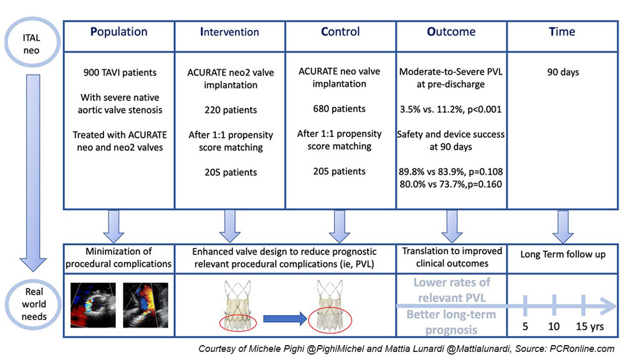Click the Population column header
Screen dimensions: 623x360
119,32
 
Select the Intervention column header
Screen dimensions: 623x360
230,32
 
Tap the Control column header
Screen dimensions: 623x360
341,32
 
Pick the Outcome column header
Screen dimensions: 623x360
451,32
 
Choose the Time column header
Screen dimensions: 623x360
562,32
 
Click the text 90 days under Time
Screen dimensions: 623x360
563,72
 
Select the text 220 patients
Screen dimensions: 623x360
231,110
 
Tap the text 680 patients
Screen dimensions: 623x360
340,109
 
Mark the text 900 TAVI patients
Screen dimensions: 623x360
120,73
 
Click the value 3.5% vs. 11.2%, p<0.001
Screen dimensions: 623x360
451,110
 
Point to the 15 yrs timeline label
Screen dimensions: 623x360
590,326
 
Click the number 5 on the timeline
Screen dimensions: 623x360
525,326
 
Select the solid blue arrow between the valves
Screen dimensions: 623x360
285,319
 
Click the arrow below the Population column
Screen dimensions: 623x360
113,227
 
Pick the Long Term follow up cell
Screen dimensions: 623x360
563,258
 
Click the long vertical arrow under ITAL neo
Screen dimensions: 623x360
34,173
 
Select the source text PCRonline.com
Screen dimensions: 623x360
583,349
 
